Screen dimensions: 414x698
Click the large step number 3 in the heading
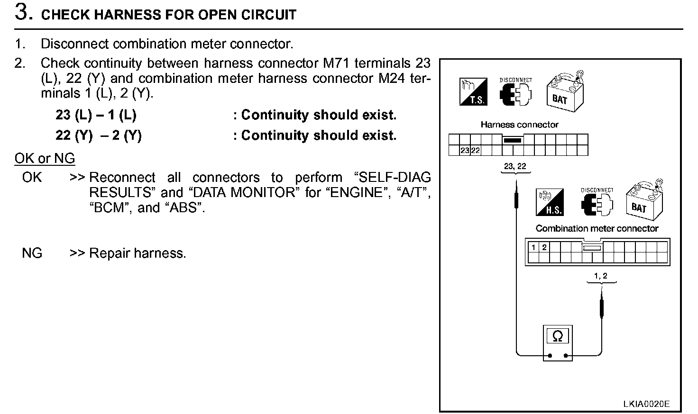point(23,12)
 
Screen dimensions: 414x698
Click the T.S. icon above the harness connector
point(473,91)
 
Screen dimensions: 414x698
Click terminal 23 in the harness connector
point(465,151)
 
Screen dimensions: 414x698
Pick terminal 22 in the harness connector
point(475,151)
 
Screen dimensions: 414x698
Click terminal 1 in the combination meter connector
point(533,247)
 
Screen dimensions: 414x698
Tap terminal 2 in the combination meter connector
point(544,247)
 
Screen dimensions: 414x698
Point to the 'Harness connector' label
point(519,125)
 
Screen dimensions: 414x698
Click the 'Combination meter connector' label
point(597,228)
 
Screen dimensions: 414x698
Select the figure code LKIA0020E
point(646,404)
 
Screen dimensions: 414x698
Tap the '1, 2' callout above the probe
point(600,276)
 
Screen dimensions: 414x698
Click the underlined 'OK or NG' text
point(45,158)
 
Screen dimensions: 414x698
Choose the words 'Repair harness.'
point(138,253)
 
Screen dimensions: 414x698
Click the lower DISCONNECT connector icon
point(597,204)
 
